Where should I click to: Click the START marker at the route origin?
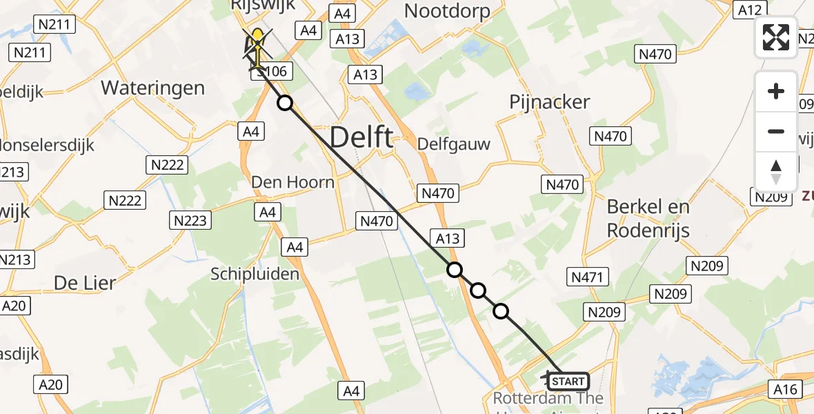coord(568,381)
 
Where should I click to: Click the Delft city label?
coord(361,138)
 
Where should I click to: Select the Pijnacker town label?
coord(549,102)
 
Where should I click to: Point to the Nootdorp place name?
coord(447,11)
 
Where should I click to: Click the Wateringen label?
coord(152,88)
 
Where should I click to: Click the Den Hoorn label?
coord(293,182)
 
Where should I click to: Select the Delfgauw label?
coord(454,144)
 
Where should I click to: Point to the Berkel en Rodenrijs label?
coord(648,218)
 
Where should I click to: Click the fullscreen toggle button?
coord(776,37)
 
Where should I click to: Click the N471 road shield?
coord(586,277)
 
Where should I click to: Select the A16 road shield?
coord(784,390)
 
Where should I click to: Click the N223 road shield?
coord(191,221)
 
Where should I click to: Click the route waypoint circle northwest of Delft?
coord(285,103)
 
